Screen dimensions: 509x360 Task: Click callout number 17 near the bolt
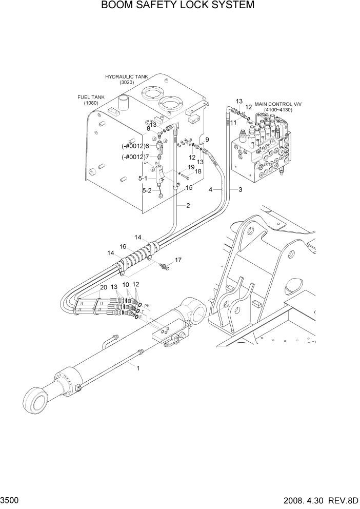178,260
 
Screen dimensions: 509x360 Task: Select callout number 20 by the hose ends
104,288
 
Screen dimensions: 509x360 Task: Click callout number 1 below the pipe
137,367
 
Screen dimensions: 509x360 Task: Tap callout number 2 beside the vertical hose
188,206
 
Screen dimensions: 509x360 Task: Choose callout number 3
239,190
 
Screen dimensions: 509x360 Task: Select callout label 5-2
147,191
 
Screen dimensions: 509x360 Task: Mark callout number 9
207,140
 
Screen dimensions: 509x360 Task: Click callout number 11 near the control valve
233,123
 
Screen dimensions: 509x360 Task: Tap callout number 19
191,167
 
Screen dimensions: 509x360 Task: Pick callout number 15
189,188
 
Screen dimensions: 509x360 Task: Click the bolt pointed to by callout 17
164,266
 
